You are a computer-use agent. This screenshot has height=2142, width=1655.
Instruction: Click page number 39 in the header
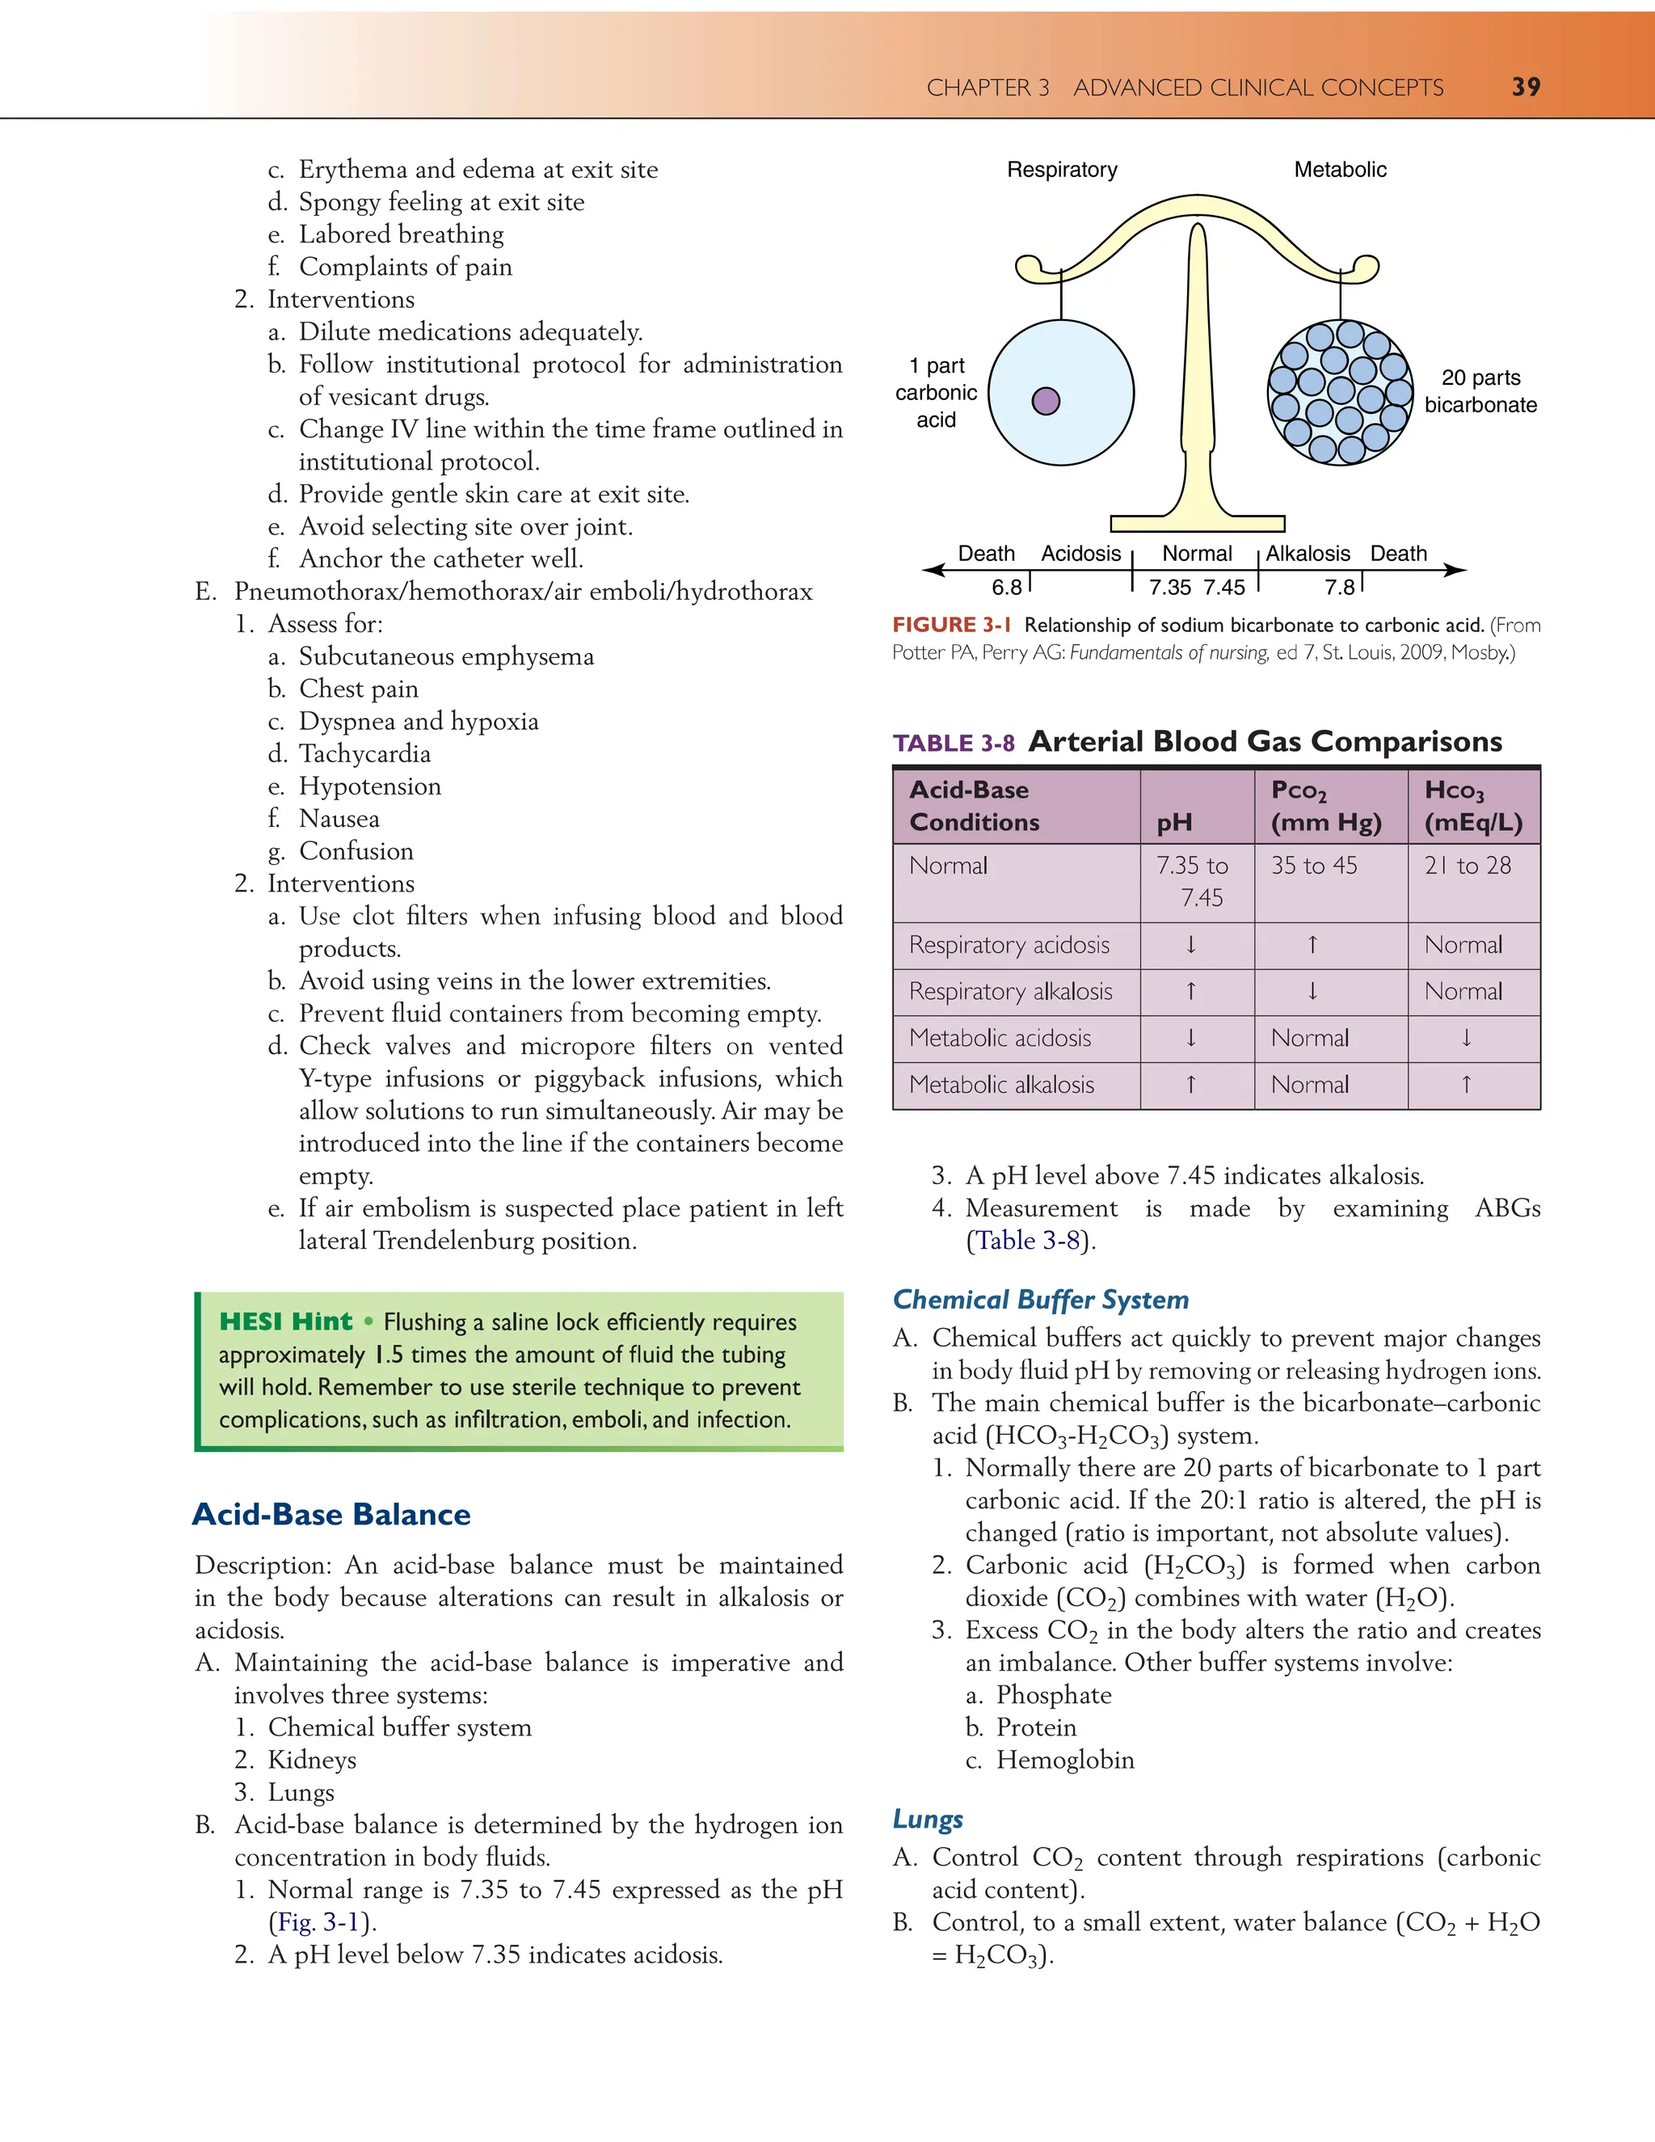pos(1526,87)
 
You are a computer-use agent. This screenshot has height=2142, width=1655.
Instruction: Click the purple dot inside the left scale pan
pos(1046,401)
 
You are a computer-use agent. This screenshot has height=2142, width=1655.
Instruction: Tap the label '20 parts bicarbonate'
pos(1480,391)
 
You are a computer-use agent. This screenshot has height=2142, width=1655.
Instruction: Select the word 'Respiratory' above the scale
pos(1062,170)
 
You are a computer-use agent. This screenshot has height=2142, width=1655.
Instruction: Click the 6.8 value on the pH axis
pos(1006,588)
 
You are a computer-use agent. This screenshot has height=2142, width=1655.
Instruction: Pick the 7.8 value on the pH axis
pos(1339,588)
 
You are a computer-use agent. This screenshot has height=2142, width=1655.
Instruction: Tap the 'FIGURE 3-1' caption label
pos(951,625)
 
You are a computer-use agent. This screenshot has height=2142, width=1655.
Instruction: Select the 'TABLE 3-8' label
pos(953,744)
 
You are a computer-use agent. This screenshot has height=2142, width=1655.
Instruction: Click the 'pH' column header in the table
pos(1173,823)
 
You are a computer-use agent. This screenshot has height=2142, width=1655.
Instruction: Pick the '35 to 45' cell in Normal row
pos(1314,865)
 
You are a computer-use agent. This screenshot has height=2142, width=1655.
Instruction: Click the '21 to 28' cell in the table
pos(1467,865)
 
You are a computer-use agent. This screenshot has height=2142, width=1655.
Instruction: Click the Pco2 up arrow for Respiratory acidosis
pos(1312,944)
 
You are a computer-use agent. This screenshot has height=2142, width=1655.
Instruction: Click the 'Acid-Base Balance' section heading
pos(331,1514)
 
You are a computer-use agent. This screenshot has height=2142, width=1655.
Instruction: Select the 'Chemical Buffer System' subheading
pos(1040,1300)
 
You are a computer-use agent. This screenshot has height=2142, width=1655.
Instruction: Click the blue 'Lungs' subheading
pos(928,1819)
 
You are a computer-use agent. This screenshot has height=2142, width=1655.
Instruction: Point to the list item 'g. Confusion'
pos(340,850)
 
